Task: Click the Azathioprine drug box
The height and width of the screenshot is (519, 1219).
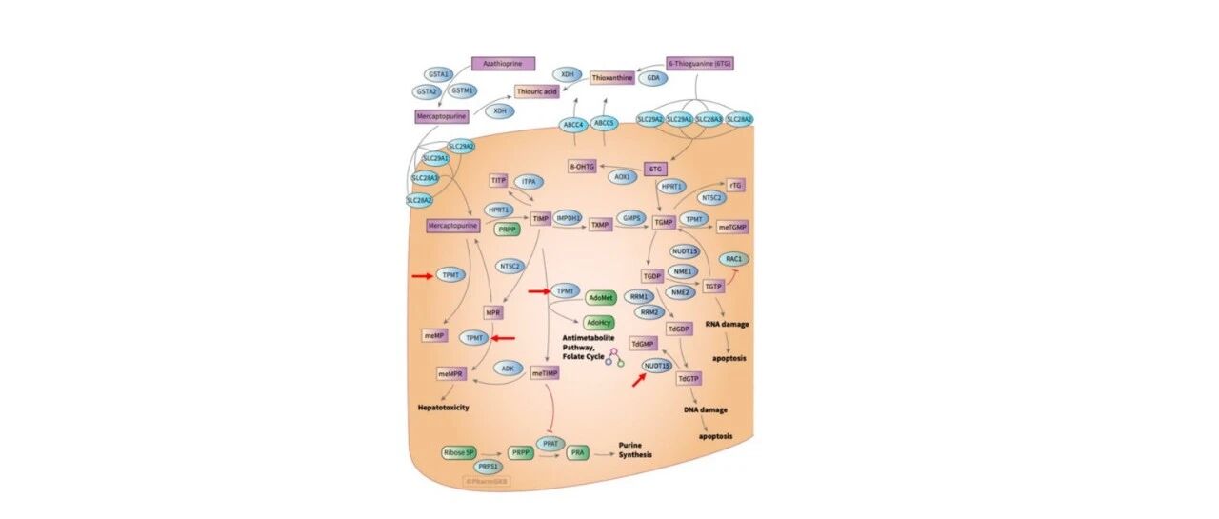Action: pos(503,64)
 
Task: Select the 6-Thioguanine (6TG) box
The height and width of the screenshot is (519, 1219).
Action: pos(700,64)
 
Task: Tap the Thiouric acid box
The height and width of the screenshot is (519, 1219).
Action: pos(536,91)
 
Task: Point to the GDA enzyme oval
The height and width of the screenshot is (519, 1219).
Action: pos(653,78)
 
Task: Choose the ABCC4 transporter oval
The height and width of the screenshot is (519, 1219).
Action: pos(572,124)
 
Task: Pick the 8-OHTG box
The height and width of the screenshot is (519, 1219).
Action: pos(583,167)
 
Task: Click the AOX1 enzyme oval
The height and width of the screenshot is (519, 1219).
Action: pos(623,177)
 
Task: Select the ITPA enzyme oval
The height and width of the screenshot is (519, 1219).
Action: pos(530,181)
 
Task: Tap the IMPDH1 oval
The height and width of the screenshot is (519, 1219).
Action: pos(569,218)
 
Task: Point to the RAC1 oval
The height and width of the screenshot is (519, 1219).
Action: pos(733,259)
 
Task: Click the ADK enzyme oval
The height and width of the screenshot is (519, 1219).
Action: pos(509,368)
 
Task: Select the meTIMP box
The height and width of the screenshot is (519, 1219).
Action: pos(545,373)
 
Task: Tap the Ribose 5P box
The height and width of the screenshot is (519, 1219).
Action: pos(459,452)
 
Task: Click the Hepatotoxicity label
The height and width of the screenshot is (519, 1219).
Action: pos(444,408)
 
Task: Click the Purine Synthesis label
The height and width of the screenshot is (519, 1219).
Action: pos(635,449)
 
